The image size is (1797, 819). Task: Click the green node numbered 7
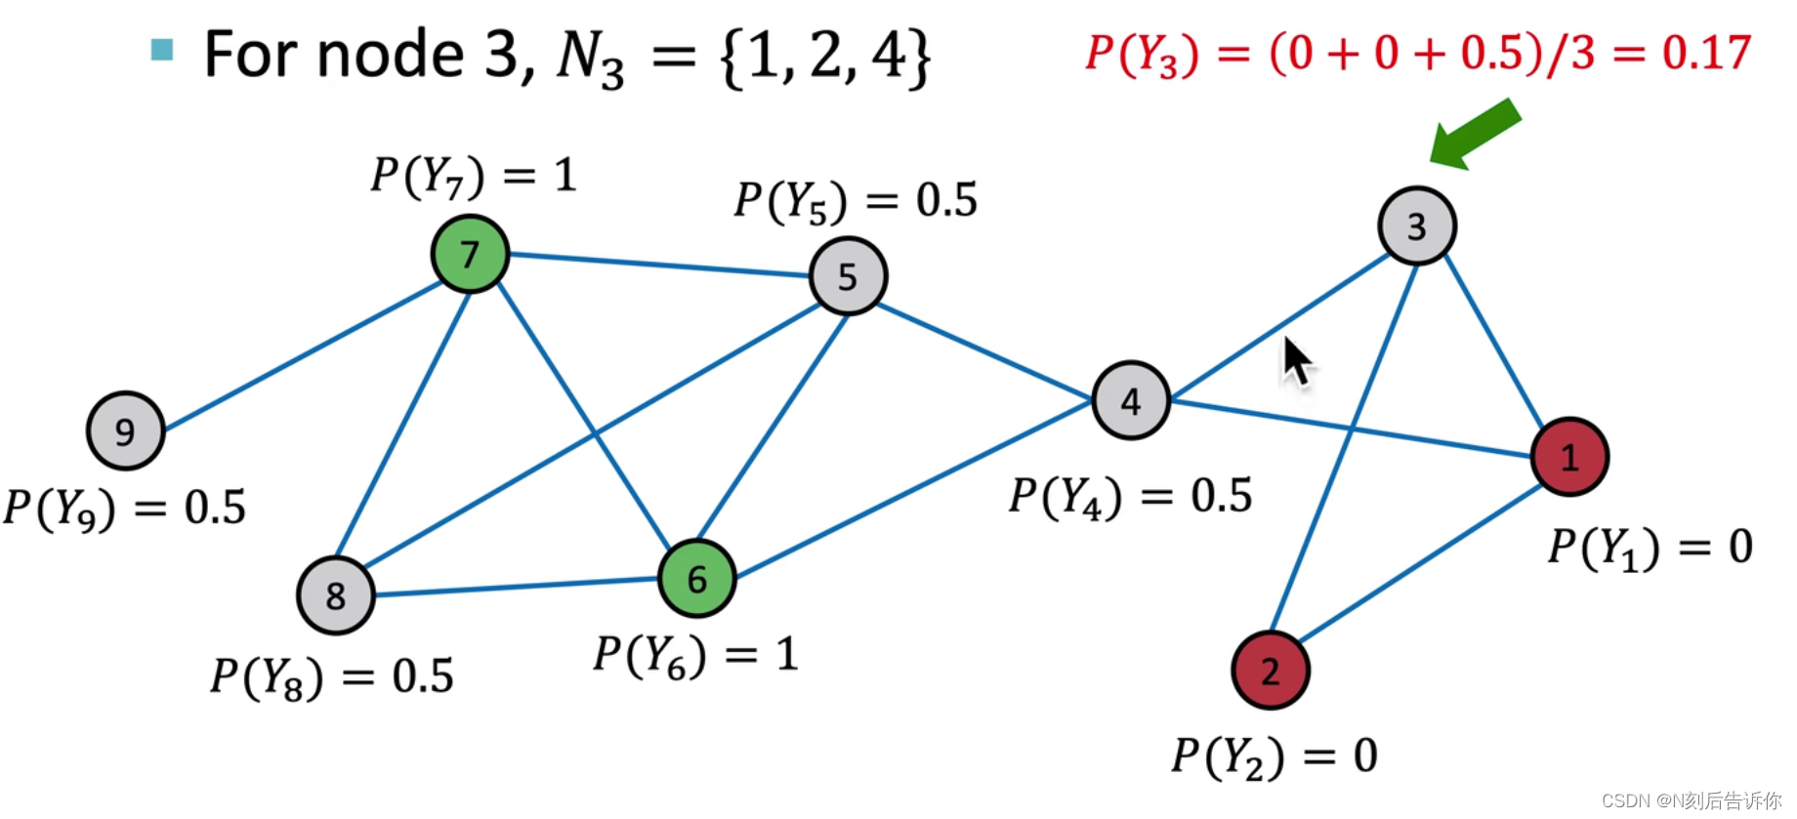coord(470,254)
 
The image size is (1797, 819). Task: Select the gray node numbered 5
coord(848,276)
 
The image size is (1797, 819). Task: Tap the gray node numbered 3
coord(1417,226)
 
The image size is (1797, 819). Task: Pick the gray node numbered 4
coord(1131,401)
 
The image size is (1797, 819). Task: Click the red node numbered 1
coord(1569,457)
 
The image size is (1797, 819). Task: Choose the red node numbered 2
coord(1270,671)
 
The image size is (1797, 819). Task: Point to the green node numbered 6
coord(696,579)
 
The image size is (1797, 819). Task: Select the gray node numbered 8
coord(336,595)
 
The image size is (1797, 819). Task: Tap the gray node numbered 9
coord(125,430)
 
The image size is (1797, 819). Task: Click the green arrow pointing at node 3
coord(1475,135)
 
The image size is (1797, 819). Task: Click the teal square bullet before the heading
coord(162,49)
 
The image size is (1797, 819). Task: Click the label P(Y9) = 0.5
coord(124,508)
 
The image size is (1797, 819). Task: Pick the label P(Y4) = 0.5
coord(1130,496)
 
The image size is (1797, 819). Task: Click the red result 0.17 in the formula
coord(1706,52)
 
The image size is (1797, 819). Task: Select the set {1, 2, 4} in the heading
coord(825,57)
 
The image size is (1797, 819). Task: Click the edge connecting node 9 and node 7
coord(303,355)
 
